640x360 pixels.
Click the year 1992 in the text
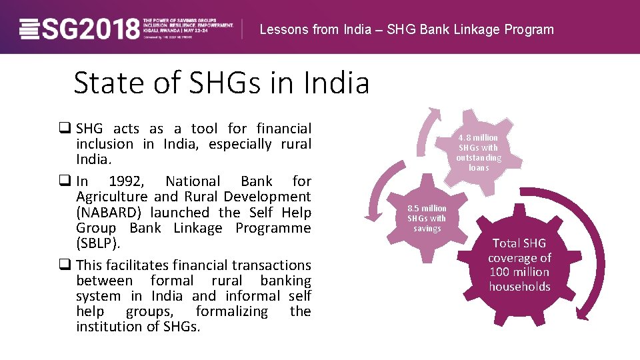(x=125, y=181)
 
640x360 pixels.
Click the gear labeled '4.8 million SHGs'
(x=478, y=152)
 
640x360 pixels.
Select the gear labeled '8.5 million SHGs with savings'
(x=427, y=218)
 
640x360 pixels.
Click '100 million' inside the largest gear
(x=519, y=272)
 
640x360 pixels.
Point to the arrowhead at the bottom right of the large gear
(x=583, y=315)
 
